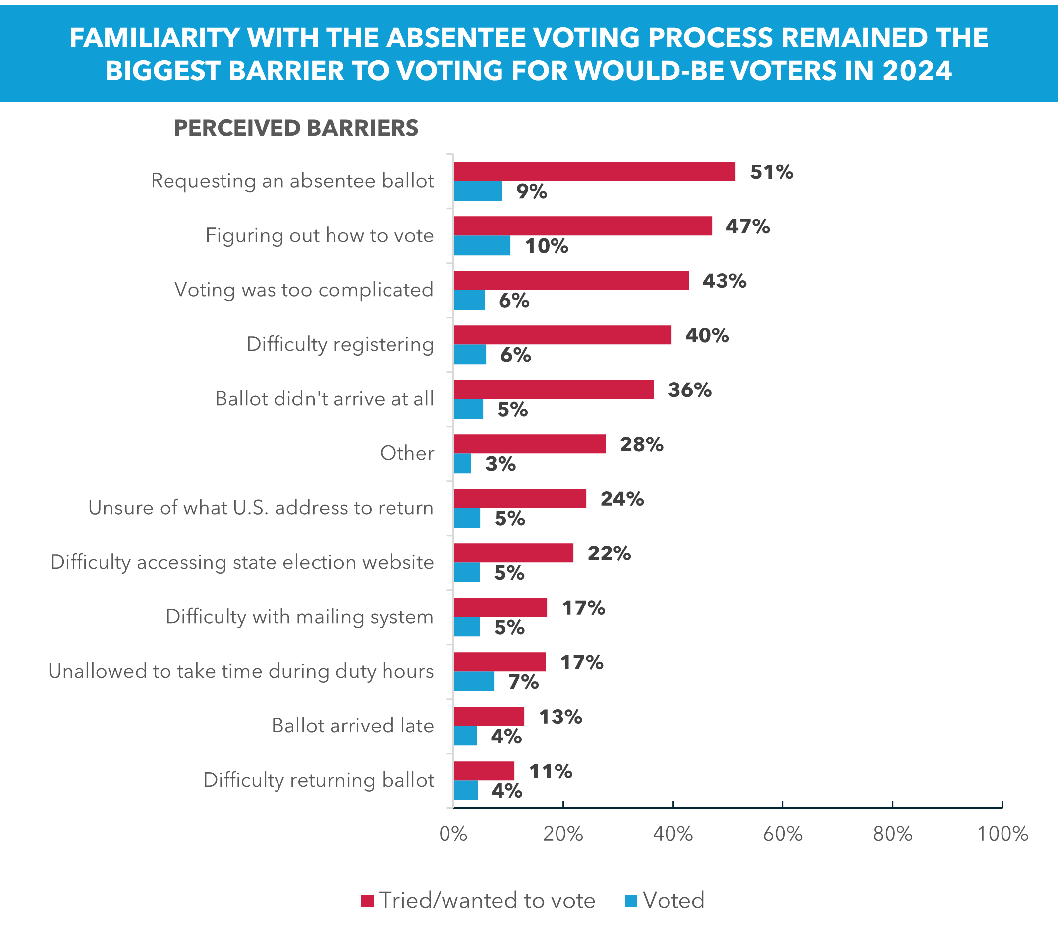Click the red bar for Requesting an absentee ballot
[x=594, y=171]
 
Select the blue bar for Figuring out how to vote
[x=482, y=245]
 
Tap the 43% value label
[x=724, y=281]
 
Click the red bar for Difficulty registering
[x=562, y=335]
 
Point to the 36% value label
[x=689, y=389]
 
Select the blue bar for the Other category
[x=462, y=464]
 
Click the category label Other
[x=407, y=453]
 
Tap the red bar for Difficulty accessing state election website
[x=513, y=552]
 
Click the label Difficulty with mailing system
[x=299, y=617]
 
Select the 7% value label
[x=523, y=682]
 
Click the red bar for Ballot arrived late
[x=489, y=716]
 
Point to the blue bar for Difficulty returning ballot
[x=466, y=790]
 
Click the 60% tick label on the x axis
[x=782, y=834]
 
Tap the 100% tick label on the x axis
[x=1002, y=834]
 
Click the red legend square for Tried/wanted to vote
[x=368, y=901]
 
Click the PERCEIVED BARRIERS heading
[x=295, y=128]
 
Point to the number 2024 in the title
[x=917, y=71]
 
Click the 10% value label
[x=547, y=246]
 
